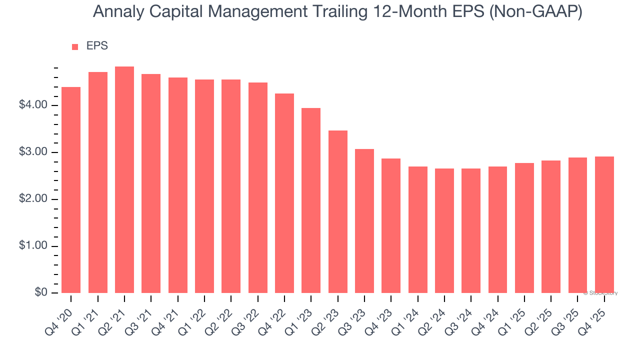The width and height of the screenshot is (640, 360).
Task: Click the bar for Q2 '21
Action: [x=124, y=180]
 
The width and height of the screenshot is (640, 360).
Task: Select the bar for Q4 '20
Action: [x=71, y=190]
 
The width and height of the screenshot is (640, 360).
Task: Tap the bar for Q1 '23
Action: [x=311, y=200]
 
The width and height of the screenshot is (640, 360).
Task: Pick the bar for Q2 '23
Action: [x=338, y=212]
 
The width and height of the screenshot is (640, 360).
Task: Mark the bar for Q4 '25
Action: [x=604, y=225]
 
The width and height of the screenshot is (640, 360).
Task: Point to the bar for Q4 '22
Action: [x=284, y=193]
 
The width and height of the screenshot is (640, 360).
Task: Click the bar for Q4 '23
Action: [x=391, y=226]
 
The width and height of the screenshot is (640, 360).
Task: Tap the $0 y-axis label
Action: [x=40, y=293]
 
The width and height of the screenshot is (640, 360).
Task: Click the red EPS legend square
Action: [x=75, y=47]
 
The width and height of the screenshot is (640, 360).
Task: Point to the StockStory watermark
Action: [x=600, y=293]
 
